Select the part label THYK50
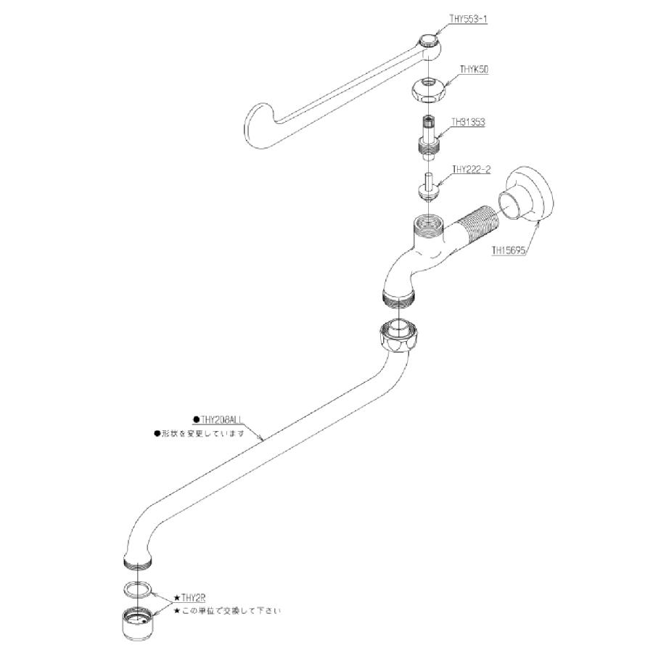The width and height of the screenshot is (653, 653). click(x=474, y=70)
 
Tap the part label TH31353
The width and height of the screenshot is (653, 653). click(x=467, y=123)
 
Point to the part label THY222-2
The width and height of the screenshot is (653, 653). click(x=472, y=171)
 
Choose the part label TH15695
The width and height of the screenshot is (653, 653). click(x=509, y=250)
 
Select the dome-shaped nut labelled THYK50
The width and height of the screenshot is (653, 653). click(x=429, y=89)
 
